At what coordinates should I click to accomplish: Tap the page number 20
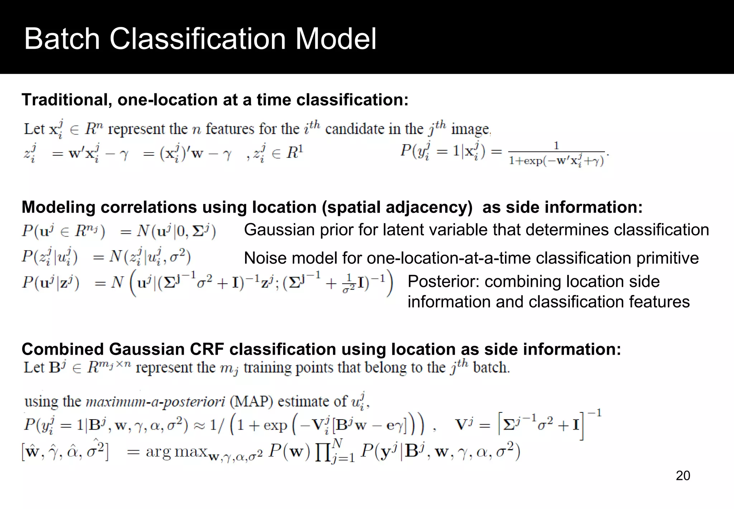point(683,475)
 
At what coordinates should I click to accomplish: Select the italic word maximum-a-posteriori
point(155,402)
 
